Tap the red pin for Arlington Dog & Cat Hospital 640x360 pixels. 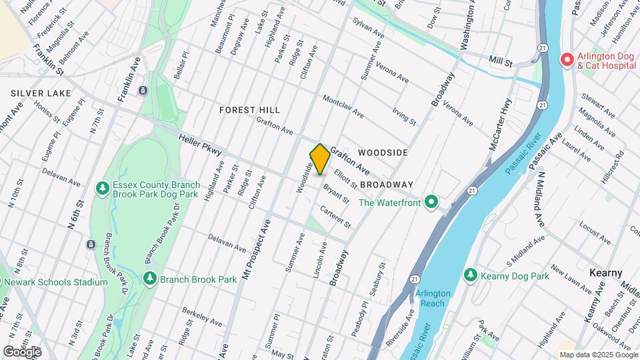click(567, 60)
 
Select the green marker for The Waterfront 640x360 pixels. click(431, 201)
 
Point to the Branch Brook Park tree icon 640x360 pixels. click(149, 277)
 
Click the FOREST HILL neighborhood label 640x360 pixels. click(249, 109)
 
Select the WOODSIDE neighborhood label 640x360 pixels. click(383, 153)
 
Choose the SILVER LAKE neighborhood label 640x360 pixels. click(37, 94)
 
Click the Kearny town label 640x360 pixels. click(606, 273)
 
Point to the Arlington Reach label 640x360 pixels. click(433, 298)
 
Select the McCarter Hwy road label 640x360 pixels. click(500, 124)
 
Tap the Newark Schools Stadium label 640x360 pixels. click(55, 282)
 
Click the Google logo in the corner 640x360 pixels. click(22, 351)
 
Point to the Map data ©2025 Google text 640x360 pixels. click(597, 355)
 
